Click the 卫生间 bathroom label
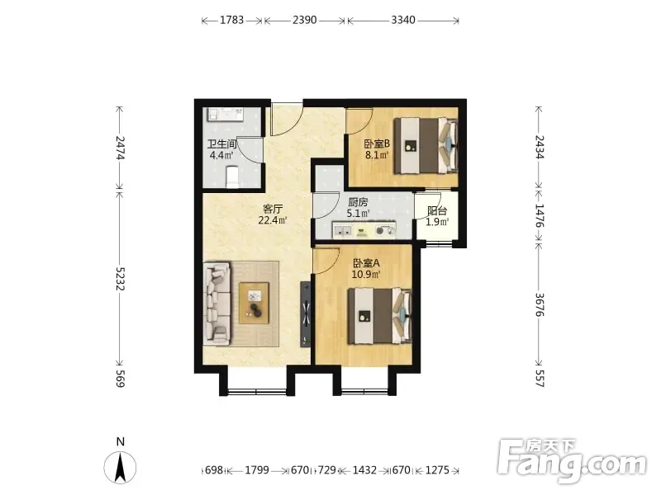coord(221,144)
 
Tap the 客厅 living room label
coord(273,209)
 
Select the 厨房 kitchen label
coord(358,202)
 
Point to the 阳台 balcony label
coord(437,211)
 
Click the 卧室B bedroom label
coord(377,144)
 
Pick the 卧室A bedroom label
coord(366,263)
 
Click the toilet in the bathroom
coord(232,177)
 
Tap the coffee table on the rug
coord(254,303)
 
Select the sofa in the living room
coord(217,304)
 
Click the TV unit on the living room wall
coord(306,314)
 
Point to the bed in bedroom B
coord(426,145)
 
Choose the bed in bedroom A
coord(379,316)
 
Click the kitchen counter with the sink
coord(364,230)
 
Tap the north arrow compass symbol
coord(120,467)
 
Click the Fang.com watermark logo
coord(572,461)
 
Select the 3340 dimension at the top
coord(403,20)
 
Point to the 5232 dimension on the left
coord(120,279)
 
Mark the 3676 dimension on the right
coord(540,304)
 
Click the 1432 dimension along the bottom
coord(364,469)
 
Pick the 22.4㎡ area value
coord(273,220)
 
